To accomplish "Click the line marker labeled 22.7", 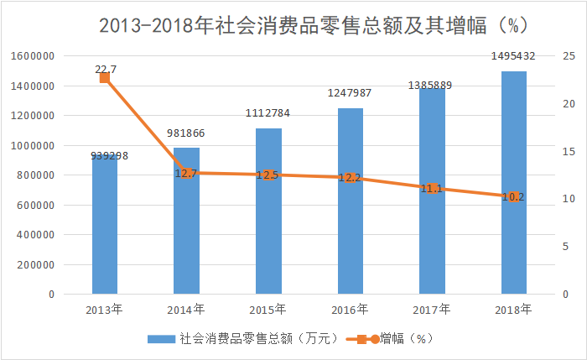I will pos(105,78).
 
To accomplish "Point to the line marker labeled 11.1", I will pos(432,189).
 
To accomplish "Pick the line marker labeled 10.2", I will pos(514,197).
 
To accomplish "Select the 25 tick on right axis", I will pos(569,56).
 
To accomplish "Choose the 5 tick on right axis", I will pos(566,247).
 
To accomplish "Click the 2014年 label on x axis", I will pos(186,309).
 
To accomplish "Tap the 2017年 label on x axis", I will pos(432,309).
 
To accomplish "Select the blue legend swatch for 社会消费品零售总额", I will pos(161,339).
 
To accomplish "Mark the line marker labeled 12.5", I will pos(268,175).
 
